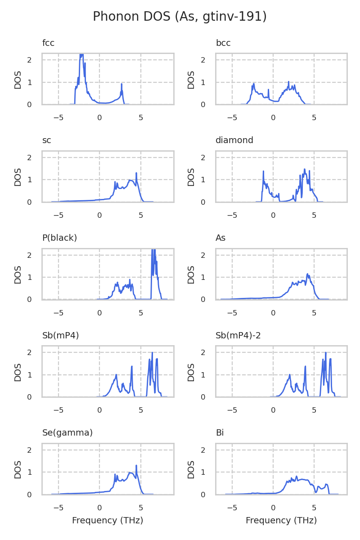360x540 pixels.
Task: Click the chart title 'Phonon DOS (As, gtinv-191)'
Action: [180, 17]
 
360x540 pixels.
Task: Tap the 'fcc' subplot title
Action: [48, 43]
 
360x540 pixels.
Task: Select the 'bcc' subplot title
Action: [223, 43]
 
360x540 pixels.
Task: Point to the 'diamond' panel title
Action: [234, 140]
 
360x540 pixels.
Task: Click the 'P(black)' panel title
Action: [59, 238]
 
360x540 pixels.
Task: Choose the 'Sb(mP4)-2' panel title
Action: [238, 335]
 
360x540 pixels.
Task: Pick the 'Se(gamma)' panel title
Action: [67, 433]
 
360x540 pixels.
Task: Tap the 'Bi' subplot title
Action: [220, 433]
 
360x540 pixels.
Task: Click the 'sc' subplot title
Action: [47, 140]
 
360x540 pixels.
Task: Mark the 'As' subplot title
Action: [220, 238]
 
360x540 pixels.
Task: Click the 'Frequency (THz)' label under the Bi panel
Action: [281, 521]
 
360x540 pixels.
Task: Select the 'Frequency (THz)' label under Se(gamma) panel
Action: [108, 521]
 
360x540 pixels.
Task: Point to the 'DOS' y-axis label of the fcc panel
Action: [18, 79]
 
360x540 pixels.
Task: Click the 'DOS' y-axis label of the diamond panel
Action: [192, 176]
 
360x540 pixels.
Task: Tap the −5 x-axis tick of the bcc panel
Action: [232, 118]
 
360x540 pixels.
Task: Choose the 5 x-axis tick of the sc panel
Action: [141, 216]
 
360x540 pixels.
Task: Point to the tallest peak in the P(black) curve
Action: [153, 250]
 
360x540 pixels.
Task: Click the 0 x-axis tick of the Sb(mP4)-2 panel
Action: [273, 410]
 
